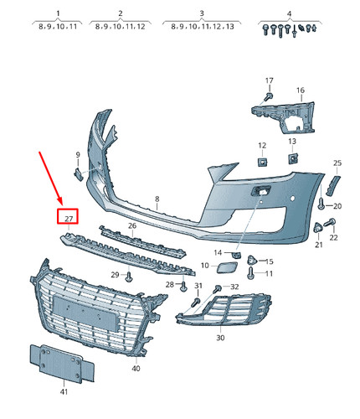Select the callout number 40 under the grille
coord(136,369)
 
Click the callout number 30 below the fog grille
coord(220,338)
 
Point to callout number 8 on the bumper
coord(156,199)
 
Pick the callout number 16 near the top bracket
coord(300,90)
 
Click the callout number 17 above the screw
coord(270,80)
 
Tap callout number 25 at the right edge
coord(337,163)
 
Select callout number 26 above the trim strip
coord(131,226)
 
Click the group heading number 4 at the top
coord(289,14)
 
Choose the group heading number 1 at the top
coord(58,14)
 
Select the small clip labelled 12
coord(261,161)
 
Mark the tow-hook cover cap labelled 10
coord(226,268)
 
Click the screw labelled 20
coord(322,204)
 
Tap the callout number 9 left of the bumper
coord(78,155)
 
